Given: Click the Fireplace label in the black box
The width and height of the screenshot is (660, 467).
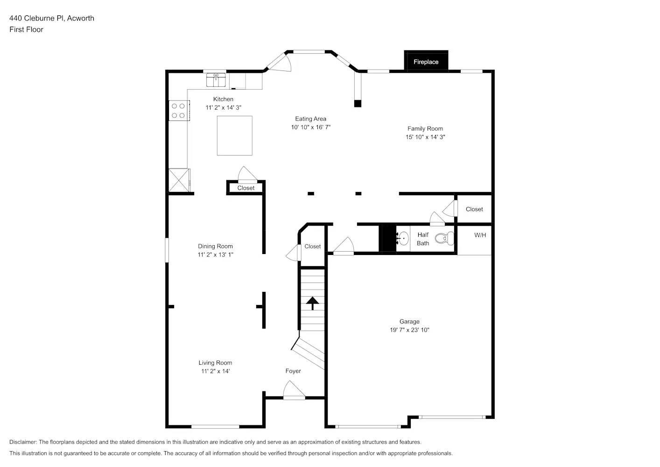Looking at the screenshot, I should coord(426,62).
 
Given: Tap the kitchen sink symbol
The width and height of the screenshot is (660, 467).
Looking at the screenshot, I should coord(216,80).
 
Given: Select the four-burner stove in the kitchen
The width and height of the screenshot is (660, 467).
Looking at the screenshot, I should coord(178,111).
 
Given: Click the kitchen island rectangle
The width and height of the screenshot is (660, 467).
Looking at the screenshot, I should coord(234,135).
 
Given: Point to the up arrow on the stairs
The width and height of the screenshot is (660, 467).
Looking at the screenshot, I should coord(312,303).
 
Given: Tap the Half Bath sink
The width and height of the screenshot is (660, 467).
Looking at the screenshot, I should coord(402,238).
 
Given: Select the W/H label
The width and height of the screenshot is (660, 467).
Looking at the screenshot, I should coord(480,235).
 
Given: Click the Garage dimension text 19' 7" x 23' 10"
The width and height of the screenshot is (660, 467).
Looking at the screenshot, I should coord(409,330).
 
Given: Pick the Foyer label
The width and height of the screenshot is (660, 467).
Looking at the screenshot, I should coord(293,371).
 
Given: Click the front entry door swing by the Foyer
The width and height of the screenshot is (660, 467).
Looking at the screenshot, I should coord(293,391).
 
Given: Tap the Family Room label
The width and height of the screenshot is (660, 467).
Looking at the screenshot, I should coord(425,128).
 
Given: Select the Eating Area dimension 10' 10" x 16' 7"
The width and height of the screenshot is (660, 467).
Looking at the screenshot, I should coord(310,127).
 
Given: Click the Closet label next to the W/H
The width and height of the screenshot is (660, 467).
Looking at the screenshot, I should coord(474,209).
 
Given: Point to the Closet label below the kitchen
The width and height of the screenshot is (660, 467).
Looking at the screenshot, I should coord(246,188).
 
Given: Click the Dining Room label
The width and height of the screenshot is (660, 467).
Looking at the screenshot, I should coord(215,246).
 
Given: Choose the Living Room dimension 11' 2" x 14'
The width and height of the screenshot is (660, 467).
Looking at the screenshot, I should coord(215,371).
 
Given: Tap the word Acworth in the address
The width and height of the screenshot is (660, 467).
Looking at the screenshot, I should coord(81,18).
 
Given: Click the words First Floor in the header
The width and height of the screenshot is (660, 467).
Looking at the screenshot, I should coord(26,29).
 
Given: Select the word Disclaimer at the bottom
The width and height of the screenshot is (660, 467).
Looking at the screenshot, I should coord(23,442).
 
